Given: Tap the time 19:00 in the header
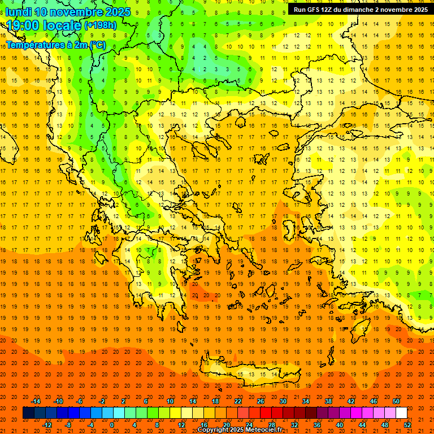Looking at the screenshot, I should pos(23,25).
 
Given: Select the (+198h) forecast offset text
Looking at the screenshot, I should pos(101,25).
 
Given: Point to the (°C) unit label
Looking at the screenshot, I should pos(97,45).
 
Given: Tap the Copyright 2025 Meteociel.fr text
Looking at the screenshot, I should pos(240,429).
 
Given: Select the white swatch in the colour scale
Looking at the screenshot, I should pos(401,413).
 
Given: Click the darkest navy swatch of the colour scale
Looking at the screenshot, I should pos(28,413).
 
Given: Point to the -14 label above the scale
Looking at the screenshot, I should pos(36,401).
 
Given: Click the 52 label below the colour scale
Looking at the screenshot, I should pos(408,425).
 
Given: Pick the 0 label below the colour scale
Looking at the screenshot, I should pos(112,425).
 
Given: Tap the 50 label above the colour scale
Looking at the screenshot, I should pos(396,401).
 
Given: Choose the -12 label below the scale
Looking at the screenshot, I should pos(47,425).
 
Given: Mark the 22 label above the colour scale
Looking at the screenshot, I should pos(238,401).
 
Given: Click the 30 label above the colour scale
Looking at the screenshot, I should pos(283,401).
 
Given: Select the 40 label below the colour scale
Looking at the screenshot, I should pos(340,425).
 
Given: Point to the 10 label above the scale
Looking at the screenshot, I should pos(170,401).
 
